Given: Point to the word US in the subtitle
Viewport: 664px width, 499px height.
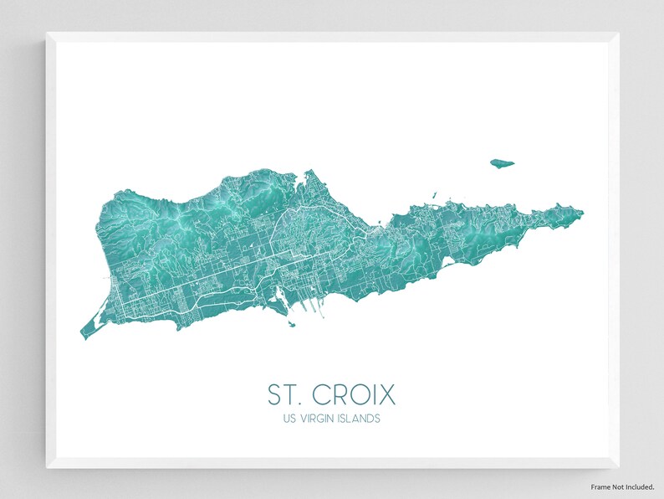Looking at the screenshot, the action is pyautogui.click(x=290, y=418).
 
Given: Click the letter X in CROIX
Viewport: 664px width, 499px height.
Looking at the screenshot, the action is pyautogui.click(x=387, y=394).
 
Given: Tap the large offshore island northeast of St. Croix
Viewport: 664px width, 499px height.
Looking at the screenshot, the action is pyautogui.click(x=502, y=163).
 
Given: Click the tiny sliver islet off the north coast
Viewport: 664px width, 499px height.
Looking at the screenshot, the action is pyautogui.click(x=435, y=197).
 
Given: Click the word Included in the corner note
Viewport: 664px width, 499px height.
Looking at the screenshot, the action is pyautogui.click(x=640, y=486).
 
